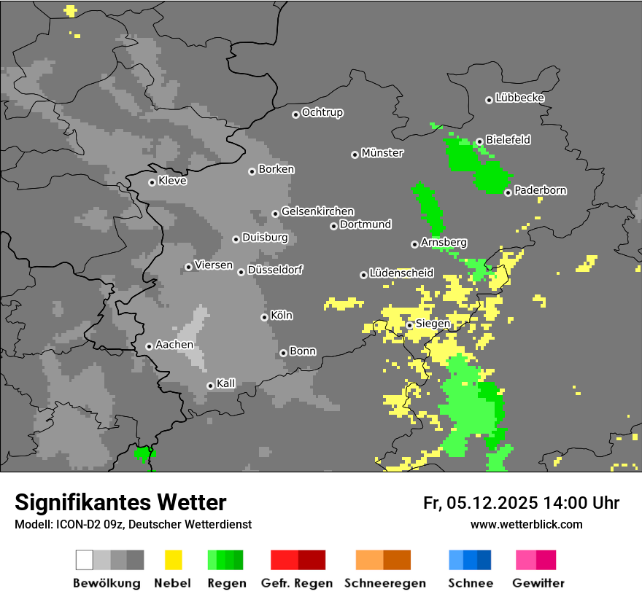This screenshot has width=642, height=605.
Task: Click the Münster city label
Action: (x=382, y=153)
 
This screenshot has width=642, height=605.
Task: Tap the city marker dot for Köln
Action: (x=264, y=317)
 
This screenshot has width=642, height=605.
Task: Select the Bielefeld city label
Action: (x=508, y=140)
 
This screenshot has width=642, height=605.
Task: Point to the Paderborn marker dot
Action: (x=508, y=192)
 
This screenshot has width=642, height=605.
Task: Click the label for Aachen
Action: (x=174, y=345)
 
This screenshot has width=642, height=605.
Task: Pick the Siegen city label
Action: (x=433, y=324)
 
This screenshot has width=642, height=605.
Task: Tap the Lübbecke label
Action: (x=519, y=98)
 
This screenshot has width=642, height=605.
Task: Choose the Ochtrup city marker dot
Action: (x=295, y=114)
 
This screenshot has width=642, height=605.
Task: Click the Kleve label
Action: (x=172, y=181)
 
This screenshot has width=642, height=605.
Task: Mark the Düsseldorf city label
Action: (x=275, y=270)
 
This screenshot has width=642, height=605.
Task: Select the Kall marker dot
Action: (x=210, y=386)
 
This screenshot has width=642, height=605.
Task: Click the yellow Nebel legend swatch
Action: (x=173, y=560)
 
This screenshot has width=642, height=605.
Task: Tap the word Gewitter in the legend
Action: (x=538, y=583)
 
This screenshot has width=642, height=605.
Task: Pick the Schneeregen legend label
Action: (x=384, y=583)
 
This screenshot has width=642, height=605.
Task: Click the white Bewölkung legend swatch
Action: (x=85, y=560)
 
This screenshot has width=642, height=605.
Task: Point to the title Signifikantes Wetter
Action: (x=120, y=503)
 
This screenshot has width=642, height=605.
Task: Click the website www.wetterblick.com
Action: (x=526, y=525)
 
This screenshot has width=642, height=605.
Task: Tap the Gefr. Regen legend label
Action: (x=297, y=583)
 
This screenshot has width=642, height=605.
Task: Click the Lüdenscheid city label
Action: (x=401, y=273)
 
